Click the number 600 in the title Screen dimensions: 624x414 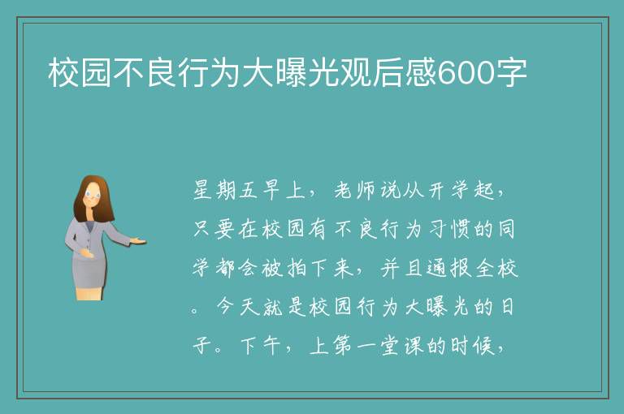466,73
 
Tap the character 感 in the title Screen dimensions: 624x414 421,72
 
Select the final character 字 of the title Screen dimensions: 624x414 511,72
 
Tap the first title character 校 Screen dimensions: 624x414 63,72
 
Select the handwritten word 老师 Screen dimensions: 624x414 354,190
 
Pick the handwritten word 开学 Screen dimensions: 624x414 448,190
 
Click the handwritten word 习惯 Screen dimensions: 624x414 448,229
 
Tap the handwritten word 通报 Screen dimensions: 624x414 448,268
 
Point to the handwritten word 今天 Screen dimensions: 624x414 237,307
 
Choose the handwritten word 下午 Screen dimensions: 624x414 260,345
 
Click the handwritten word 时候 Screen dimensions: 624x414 472,345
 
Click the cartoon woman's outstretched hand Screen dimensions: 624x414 137,240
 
